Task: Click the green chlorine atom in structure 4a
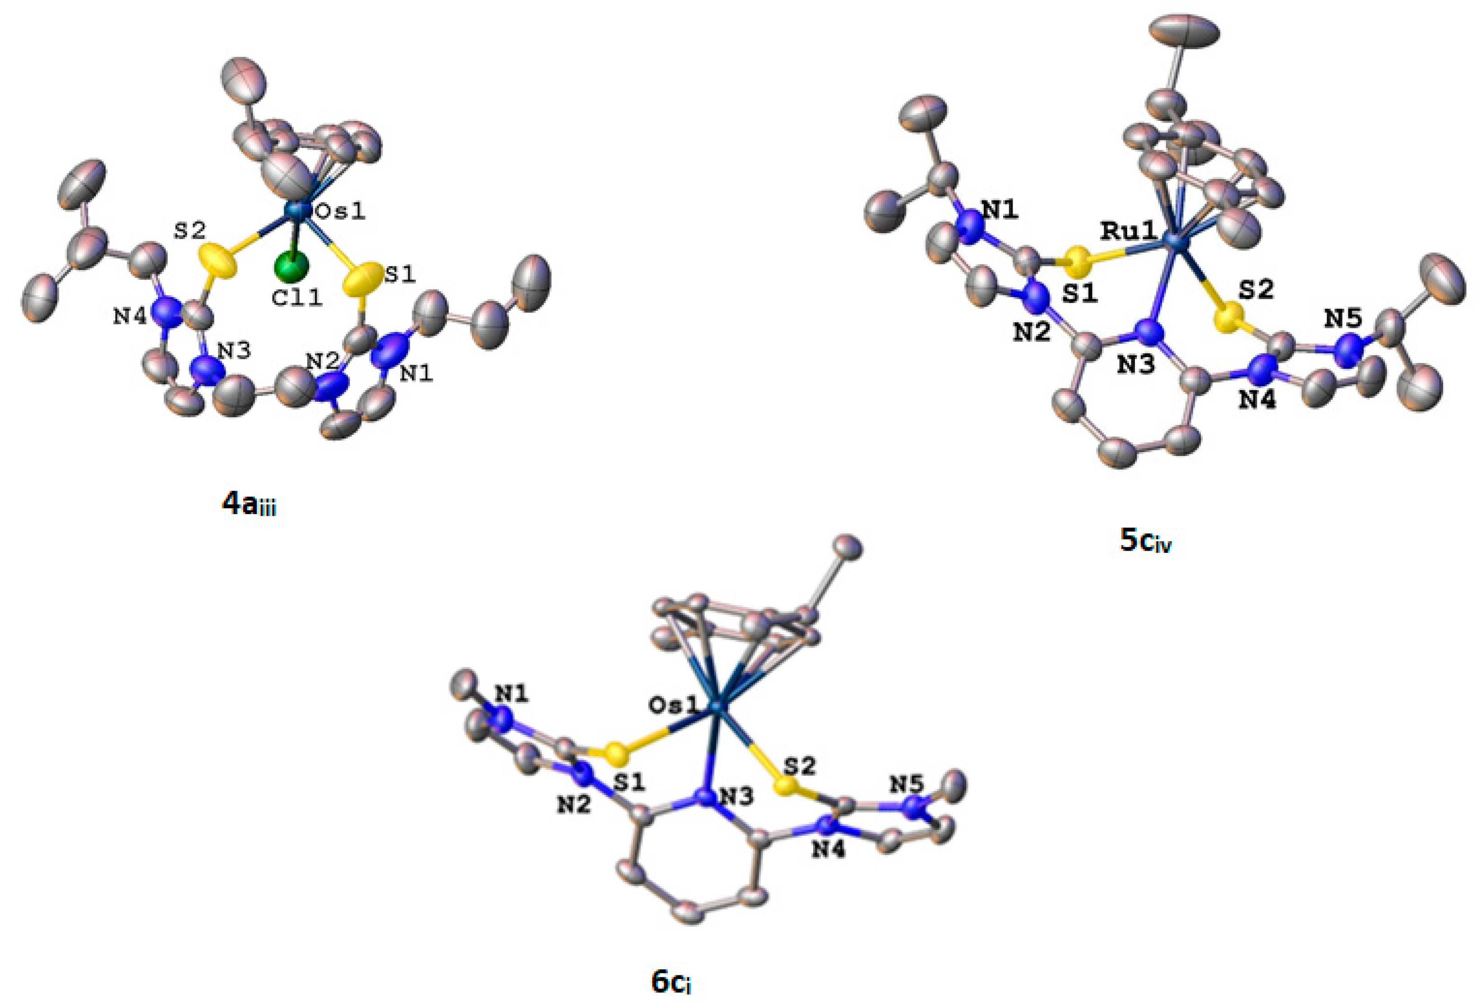coord(291,266)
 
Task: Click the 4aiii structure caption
coord(249,505)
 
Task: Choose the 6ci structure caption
coord(671,982)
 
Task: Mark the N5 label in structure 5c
coord(1343,318)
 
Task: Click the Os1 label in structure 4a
coord(342,211)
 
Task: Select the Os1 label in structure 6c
coord(673,705)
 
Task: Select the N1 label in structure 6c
coord(512,694)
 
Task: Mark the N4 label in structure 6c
coord(828,850)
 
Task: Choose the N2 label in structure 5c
coord(1032,331)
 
